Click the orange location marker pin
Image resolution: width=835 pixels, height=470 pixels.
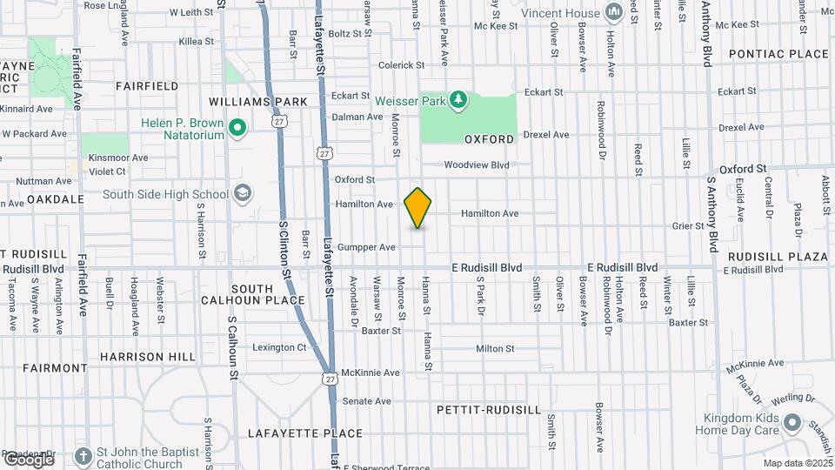(x=418, y=208)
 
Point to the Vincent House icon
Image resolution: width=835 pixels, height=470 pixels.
(x=612, y=12)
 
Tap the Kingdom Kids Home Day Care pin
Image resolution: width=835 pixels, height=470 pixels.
(x=792, y=423)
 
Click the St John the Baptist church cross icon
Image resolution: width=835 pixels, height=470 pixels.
(x=83, y=456)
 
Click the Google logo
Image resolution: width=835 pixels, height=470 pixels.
(x=29, y=459)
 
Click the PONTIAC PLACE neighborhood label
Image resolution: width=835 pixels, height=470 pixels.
(x=778, y=54)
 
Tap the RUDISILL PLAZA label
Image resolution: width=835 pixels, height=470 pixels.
(x=778, y=257)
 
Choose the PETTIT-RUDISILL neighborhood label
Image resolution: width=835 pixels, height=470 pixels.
(x=478, y=408)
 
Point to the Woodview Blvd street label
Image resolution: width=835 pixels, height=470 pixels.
(x=476, y=164)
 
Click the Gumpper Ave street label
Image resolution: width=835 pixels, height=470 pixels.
(x=366, y=247)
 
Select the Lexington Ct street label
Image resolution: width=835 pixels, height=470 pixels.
(x=279, y=347)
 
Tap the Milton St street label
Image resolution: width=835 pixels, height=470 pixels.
(x=495, y=348)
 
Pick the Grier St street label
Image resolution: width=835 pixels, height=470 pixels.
(x=687, y=225)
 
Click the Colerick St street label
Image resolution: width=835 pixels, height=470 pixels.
(x=401, y=65)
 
